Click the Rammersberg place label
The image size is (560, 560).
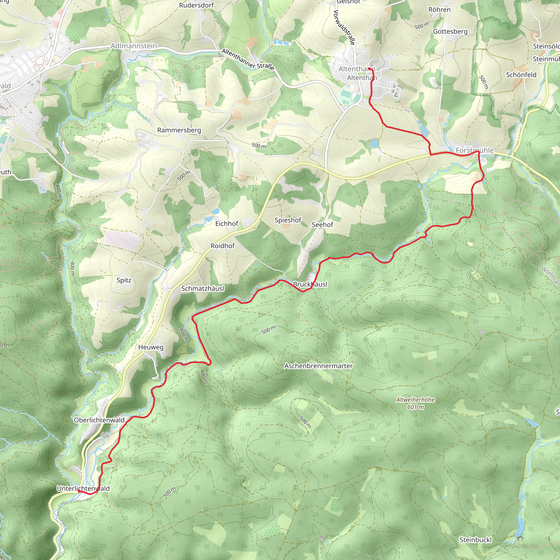(x=179, y=130)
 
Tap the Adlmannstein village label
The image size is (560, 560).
(x=134, y=46)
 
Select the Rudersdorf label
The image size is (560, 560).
(x=196, y=5)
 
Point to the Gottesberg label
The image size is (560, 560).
(x=450, y=31)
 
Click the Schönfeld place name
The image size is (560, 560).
(x=521, y=75)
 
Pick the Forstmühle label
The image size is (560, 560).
(x=474, y=150)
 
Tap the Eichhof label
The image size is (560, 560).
(x=227, y=223)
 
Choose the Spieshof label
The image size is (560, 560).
(x=288, y=220)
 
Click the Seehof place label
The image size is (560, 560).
(x=322, y=225)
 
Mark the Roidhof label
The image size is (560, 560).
(x=223, y=246)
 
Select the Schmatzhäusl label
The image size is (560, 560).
(x=203, y=288)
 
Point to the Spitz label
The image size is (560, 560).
(x=124, y=280)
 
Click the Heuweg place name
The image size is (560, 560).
(x=151, y=347)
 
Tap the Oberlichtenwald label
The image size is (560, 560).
(x=99, y=420)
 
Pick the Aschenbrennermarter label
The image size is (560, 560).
(x=319, y=366)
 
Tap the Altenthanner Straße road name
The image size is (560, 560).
(x=248, y=60)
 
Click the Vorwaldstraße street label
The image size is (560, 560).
(x=344, y=28)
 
